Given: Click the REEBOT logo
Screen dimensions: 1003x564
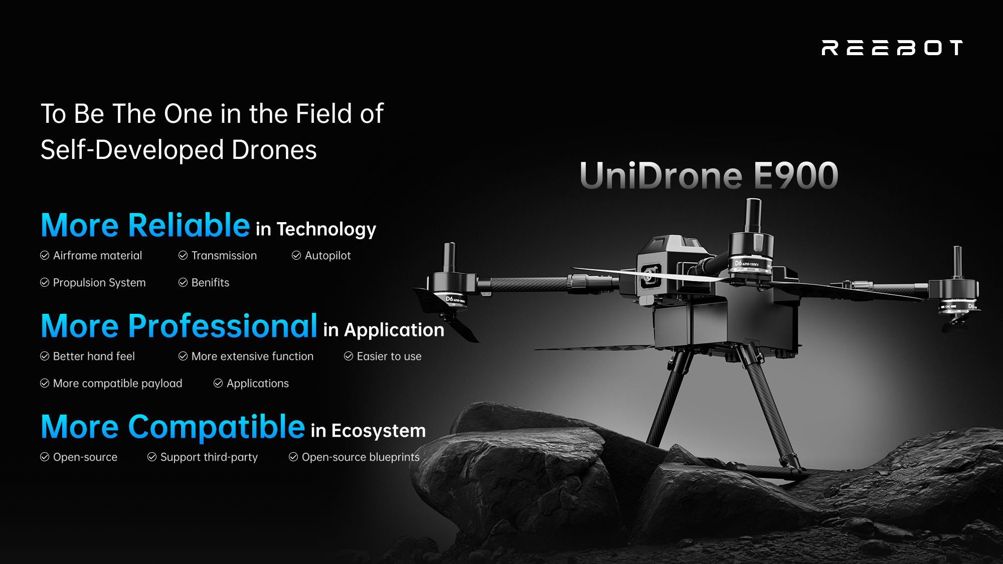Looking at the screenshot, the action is point(892,48).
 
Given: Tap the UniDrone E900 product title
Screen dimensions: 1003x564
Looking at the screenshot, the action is point(709,175).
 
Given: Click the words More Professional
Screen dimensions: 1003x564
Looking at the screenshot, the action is point(179,326).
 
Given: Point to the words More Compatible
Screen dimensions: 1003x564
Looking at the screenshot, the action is point(173,427).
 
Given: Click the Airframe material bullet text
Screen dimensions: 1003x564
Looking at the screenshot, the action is point(97,256).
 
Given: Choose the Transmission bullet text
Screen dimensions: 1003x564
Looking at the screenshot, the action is point(224,256).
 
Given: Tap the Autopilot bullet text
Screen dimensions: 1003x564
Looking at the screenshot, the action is point(328,256).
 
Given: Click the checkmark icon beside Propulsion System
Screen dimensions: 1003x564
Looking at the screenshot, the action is point(45,282).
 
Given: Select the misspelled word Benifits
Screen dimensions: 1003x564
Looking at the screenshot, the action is point(210,282).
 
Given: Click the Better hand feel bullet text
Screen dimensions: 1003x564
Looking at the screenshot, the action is point(94,356).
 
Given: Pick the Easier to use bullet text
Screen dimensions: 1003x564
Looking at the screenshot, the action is point(389,356).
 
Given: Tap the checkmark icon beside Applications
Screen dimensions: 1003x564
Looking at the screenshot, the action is point(218,383).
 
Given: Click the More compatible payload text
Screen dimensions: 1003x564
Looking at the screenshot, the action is point(117,384).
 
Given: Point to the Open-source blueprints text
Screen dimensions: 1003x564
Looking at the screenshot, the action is point(361,457).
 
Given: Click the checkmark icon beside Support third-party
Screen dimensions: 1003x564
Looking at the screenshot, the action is point(152,457).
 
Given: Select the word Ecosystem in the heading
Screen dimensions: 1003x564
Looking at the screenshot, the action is point(379,431).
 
